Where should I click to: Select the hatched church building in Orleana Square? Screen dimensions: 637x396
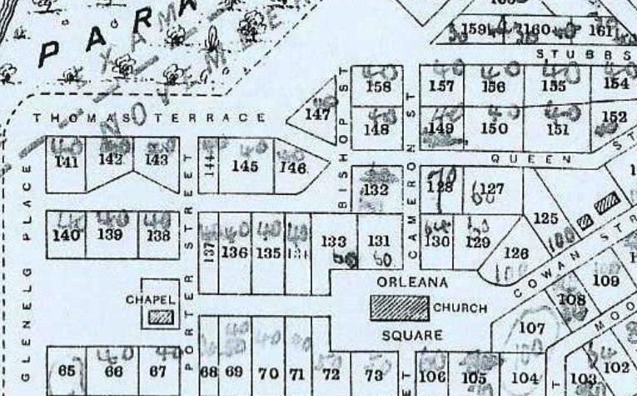click(400, 308)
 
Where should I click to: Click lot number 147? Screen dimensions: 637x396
click(318, 114)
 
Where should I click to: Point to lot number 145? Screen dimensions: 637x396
click(245, 166)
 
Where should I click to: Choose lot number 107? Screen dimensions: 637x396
click(531, 328)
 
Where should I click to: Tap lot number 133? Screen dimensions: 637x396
click(334, 242)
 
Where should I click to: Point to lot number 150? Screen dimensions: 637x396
click(494, 128)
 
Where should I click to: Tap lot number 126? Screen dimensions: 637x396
click(517, 254)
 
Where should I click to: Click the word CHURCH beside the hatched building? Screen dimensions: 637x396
click(460, 308)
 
